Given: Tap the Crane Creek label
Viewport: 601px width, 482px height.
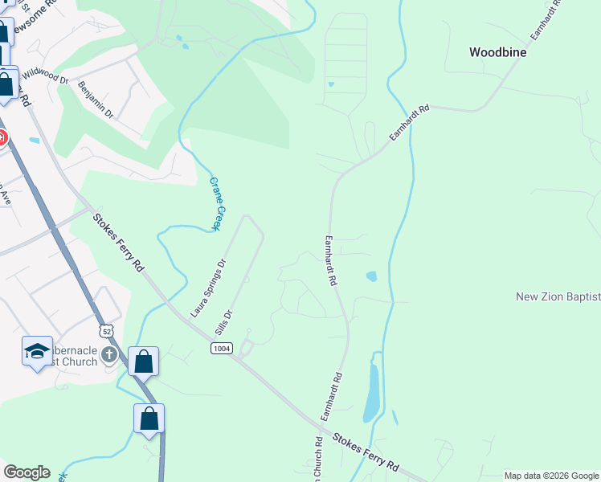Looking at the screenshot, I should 215,204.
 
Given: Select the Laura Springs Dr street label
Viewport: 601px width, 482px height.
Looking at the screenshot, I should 209,287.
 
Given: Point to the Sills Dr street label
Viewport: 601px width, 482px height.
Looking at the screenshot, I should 224,323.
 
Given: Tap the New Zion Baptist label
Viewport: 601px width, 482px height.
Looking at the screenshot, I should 558,297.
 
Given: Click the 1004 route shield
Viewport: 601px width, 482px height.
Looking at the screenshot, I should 222,348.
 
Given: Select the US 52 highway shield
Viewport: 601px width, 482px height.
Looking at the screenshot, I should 106,331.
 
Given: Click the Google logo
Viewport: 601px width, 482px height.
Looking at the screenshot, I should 27,472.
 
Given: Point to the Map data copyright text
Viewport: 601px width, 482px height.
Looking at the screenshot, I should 552,476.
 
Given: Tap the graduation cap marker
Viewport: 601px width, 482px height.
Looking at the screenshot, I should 37,351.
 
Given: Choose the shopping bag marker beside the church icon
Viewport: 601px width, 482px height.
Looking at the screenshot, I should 143,361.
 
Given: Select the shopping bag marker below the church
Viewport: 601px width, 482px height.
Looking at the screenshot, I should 149,419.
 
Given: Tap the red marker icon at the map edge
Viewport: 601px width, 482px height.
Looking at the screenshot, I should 2,139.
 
